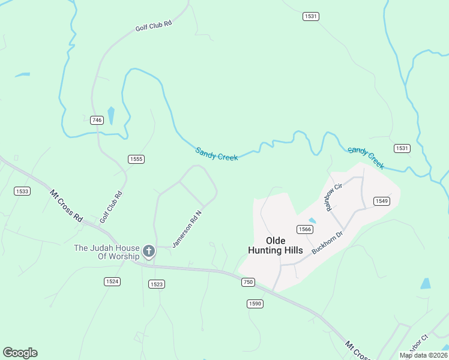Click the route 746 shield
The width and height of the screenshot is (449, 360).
tap(97, 120)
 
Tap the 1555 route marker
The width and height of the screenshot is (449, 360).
tap(136, 159)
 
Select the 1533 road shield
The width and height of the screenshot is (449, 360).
tap(22, 191)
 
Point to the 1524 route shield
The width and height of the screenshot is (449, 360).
tap(112, 281)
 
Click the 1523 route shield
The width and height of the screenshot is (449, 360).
tap(156, 284)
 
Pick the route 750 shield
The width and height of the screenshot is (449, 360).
tap(248, 282)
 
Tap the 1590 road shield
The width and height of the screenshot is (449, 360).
tap(255, 304)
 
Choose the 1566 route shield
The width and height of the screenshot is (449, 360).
tap(305, 229)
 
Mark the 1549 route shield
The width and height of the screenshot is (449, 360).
tap(382, 201)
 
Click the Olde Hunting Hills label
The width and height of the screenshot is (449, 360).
tap(276, 245)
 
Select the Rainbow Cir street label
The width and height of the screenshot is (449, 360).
tap(333, 197)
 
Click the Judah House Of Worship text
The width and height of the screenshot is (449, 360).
tap(106, 253)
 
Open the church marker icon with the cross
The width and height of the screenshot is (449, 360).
tap(149, 251)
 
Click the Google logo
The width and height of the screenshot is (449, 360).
tap(20, 353)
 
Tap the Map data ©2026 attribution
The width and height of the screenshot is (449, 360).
tap(423, 355)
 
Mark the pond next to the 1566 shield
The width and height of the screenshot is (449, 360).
tap(312, 221)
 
